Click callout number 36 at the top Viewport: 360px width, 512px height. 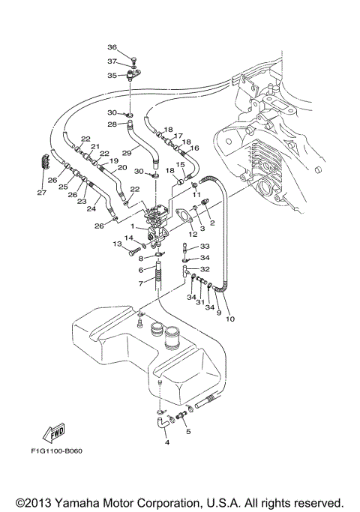click(x=112, y=47)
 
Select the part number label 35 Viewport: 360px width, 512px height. click(x=112, y=76)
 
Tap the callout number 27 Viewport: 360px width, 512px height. click(x=42, y=193)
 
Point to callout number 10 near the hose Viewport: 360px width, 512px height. click(x=230, y=319)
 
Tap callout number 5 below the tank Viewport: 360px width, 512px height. click(x=188, y=432)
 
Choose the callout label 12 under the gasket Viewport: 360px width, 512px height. click(x=193, y=235)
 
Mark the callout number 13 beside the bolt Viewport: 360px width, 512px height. click(x=118, y=244)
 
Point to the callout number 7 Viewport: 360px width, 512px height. click(x=140, y=283)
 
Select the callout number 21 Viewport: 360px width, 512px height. click(x=95, y=146)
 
